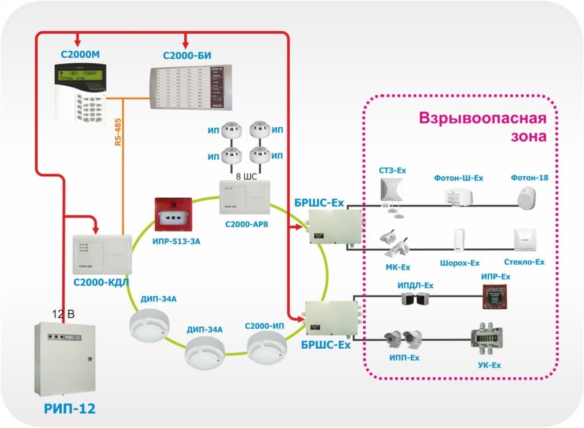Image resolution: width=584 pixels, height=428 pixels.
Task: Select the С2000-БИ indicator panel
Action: pyautogui.click(x=192, y=88)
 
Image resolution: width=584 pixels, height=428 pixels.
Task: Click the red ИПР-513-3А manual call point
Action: pyautogui.click(x=173, y=216)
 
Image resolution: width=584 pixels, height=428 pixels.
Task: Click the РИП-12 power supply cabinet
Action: pyautogui.click(x=63, y=359)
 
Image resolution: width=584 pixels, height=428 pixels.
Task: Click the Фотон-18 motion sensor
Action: pyautogui.click(x=529, y=197)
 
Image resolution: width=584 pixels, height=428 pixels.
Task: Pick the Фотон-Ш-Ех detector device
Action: pyautogui.click(x=458, y=197)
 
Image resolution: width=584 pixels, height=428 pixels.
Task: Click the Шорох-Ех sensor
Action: pyautogui.click(x=459, y=240)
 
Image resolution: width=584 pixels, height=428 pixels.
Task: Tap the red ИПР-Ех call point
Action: pyautogui.click(x=495, y=297)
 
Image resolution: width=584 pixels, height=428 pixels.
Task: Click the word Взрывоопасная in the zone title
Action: pyautogui.click(x=483, y=119)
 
